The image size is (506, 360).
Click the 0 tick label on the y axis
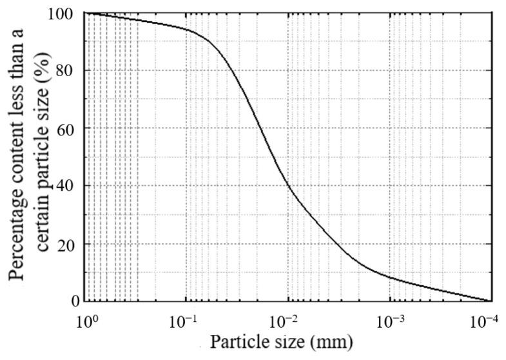[x=73, y=301]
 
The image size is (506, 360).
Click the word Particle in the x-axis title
[x=236, y=341]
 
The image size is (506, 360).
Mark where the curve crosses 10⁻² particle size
[x=288, y=188]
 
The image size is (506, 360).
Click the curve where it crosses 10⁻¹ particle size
[x=187, y=30]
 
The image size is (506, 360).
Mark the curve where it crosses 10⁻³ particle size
[x=389, y=277]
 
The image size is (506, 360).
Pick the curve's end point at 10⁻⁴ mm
[x=491, y=301]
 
